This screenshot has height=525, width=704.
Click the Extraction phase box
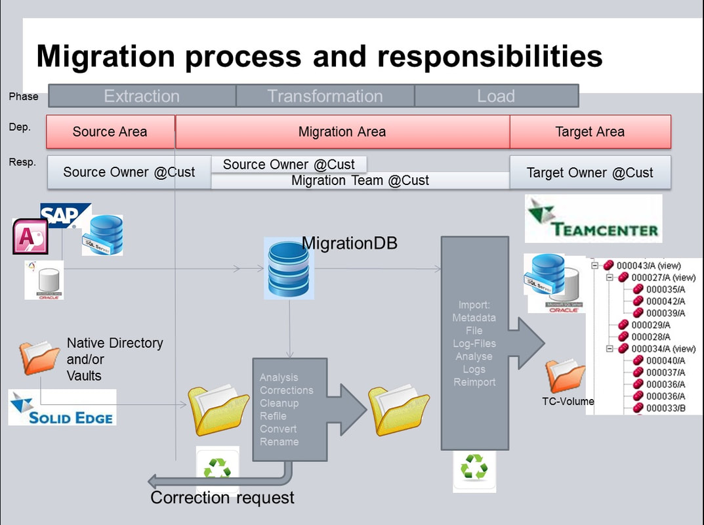pyautogui.click(x=142, y=96)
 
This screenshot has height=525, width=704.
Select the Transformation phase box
pyautogui.click(x=325, y=96)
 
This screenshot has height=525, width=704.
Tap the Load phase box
pyautogui.click(x=496, y=96)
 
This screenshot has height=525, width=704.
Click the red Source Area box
pyautogui.click(x=110, y=132)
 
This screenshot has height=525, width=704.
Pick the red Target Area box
pyautogui.click(x=590, y=132)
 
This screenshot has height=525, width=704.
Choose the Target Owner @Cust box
pyautogui.click(x=590, y=173)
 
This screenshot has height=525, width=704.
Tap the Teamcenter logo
pyautogui.click(x=593, y=220)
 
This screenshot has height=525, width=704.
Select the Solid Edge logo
pyautogui.click(x=62, y=408)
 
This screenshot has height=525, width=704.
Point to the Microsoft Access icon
pyautogui.click(x=30, y=237)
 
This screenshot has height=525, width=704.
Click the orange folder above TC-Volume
pyautogui.click(x=565, y=376)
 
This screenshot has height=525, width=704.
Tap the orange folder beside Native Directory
pyautogui.click(x=39, y=358)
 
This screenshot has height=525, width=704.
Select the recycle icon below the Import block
pyautogui.click(x=474, y=469)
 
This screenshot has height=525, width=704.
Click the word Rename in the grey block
pyautogui.click(x=279, y=442)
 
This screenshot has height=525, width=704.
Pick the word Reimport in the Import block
pyautogui.click(x=474, y=382)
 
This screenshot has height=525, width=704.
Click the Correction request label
pyautogui.click(x=222, y=497)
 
